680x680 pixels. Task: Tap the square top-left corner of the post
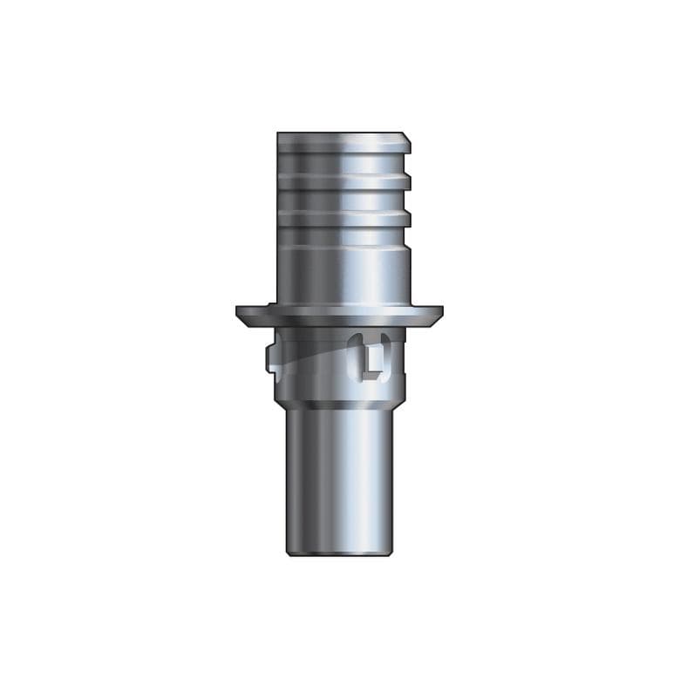click(x=279, y=134)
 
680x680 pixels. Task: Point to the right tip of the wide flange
click(x=440, y=310)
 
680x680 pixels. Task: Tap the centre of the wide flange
click(x=340, y=312)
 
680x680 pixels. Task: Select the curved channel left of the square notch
click(x=355, y=355)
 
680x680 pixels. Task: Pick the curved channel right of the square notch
click(x=390, y=355)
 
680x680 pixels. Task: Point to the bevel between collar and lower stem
click(x=340, y=402)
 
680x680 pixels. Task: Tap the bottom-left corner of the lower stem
click(x=289, y=553)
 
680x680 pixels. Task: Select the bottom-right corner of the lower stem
click(x=391, y=553)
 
